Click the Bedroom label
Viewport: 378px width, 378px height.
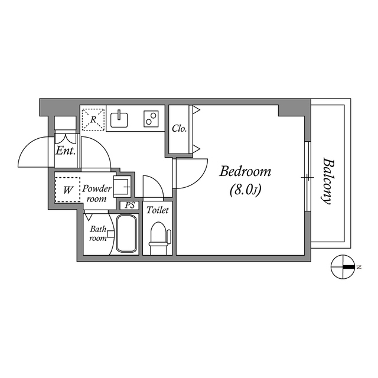click(x=245, y=172)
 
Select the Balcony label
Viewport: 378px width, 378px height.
click(x=327, y=181)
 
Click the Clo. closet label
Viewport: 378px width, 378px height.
click(x=180, y=128)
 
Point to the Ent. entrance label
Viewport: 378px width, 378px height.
click(x=64, y=151)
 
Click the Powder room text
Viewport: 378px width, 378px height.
click(x=96, y=194)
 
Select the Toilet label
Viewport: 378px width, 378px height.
click(x=158, y=210)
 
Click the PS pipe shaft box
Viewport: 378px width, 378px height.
click(x=130, y=206)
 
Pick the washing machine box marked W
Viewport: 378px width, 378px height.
click(x=68, y=190)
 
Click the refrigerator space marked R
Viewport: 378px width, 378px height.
click(x=93, y=119)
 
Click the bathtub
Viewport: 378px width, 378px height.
click(x=127, y=233)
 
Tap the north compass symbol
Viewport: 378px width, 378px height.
click(x=342, y=267)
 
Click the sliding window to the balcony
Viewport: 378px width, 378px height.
click(x=307, y=177)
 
